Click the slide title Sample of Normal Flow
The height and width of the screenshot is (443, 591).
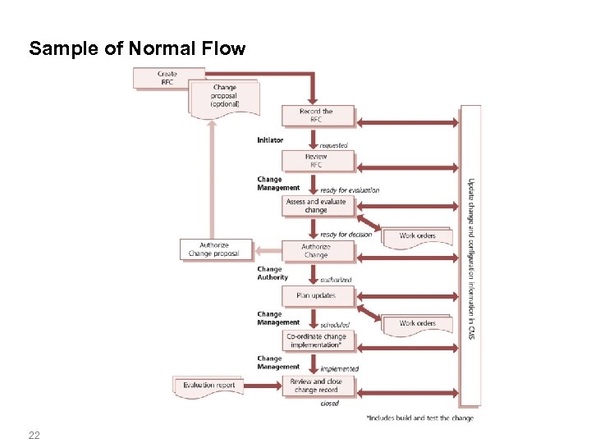[137, 48]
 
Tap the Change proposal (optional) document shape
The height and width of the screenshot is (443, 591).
[224, 97]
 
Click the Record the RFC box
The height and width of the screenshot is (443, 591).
[317, 116]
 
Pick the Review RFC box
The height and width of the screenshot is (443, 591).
[317, 161]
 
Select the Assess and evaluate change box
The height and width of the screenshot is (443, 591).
[317, 206]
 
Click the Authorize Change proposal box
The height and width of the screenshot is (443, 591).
[213, 249]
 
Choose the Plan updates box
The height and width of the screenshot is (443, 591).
[317, 295]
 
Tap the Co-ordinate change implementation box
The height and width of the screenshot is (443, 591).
[317, 340]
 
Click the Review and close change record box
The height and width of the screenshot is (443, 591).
[317, 386]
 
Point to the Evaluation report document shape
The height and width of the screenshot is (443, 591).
[209, 385]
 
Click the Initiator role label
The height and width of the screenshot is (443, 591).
[270, 140]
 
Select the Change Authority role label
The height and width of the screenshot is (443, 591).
[273, 273]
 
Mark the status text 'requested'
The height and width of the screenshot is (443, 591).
[334, 145]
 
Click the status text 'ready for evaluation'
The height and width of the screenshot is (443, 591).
[350, 190]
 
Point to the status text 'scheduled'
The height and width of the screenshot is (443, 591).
[335, 325]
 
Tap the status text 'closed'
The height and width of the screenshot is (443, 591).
[330, 404]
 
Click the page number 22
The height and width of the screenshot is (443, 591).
[34, 434]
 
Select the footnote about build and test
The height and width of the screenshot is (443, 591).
[419, 418]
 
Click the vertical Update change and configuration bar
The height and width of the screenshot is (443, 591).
[470, 254]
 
